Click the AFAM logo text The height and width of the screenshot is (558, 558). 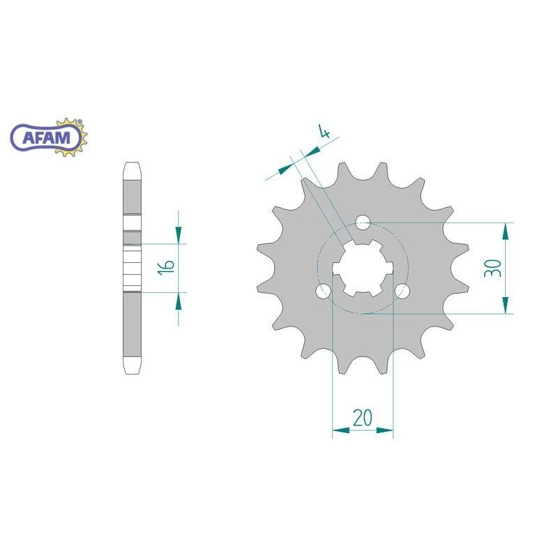tap(46, 137)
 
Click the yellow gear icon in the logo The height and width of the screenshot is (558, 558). tap(73, 137)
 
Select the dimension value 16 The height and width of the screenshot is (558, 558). tap(167, 266)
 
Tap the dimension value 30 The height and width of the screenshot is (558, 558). tap(493, 268)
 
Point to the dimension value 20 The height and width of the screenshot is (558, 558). tap(362, 417)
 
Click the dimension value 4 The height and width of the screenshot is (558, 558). tap(324, 132)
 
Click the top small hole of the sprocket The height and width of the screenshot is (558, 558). tap(363, 223)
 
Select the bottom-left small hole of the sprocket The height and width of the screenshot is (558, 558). tap(324, 291)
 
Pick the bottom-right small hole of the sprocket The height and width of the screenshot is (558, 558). tap(402, 291)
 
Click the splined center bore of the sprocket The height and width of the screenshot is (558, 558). tap(363, 269)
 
